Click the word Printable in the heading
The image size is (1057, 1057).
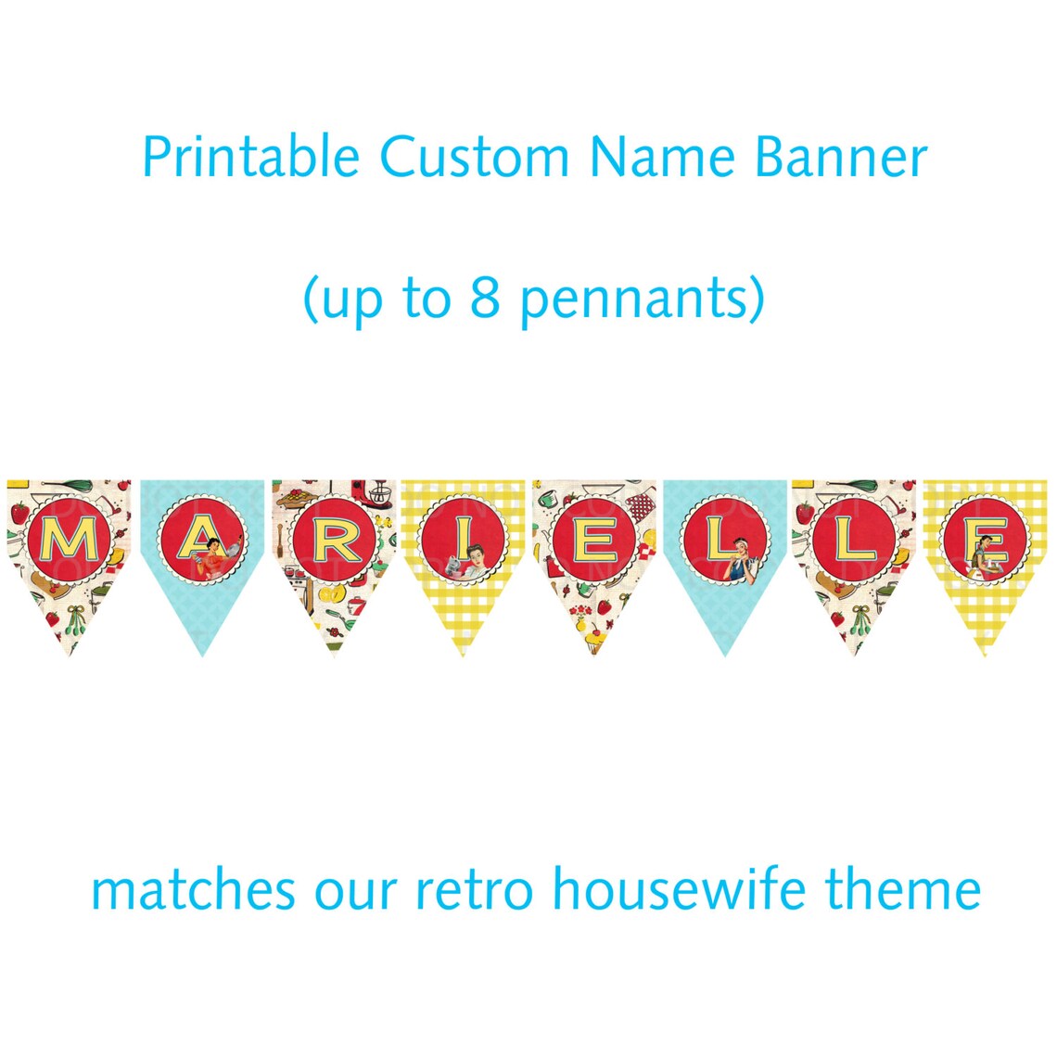pyautogui.click(x=250, y=158)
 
